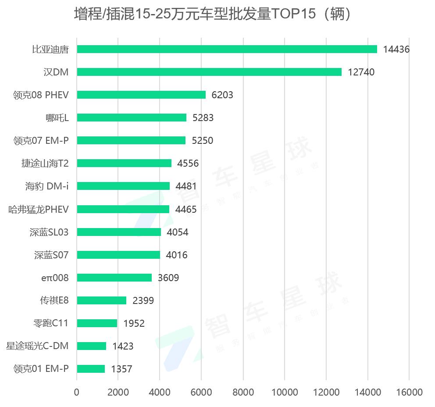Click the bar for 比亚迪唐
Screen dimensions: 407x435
pyautogui.click(x=227, y=49)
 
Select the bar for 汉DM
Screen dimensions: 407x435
pyautogui.click(x=209, y=72)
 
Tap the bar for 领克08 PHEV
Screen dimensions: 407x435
pyautogui.click(x=141, y=95)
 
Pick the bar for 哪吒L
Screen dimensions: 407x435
pyautogui.click(x=132, y=118)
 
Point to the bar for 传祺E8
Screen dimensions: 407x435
pyautogui.click(x=102, y=300)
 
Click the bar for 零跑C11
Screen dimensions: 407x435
pyautogui.click(x=97, y=323)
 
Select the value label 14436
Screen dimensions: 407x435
pyautogui.click(x=396, y=50)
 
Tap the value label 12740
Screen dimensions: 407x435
pyautogui.click(x=361, y=72)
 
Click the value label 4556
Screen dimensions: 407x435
pyautogui.click(x=188, y=164)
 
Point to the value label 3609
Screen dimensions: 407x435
pyautogui.click(x=168, y=278)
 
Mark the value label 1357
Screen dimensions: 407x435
pyautogui.click(x=121, y=369)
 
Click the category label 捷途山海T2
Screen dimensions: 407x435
pyautogui.click(x=45, y=163)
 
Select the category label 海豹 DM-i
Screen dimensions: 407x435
pyautogui.click(x=46, y=186)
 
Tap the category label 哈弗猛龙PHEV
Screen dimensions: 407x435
pyautogui.click(x=39, y=209)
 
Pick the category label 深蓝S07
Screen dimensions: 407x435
pyautogui.click(x=51, y=255)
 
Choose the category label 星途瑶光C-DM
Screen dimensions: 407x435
pyautogui.click(x=37, y=346)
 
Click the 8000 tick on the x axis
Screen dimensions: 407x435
pyautogui.click(x=243, y=392)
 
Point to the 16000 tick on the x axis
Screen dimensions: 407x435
pyautogui.click(x=409, y=392)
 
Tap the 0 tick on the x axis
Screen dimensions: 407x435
pyautogui.click(x=77, y=392)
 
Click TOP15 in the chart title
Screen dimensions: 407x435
pyautogui.click(x=293, y=14)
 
